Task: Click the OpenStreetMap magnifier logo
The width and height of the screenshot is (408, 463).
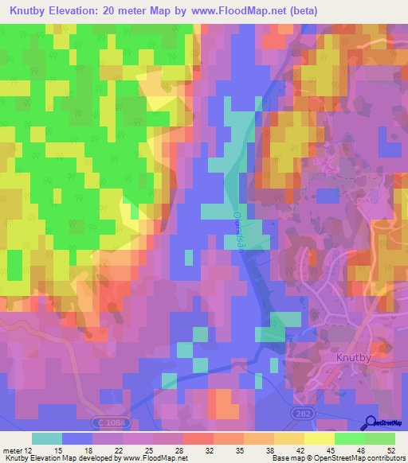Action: (x=370, y=422)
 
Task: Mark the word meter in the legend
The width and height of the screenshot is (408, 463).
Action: (x=13, y=450)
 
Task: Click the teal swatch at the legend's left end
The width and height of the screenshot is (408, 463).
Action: (x=46, y=438)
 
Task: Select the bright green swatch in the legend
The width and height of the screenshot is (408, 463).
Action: (x=350, y=438)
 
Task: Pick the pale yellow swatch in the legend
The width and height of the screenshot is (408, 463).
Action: (x=320, y=438)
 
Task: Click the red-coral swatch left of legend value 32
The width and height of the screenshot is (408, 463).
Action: (x=198, y=438)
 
